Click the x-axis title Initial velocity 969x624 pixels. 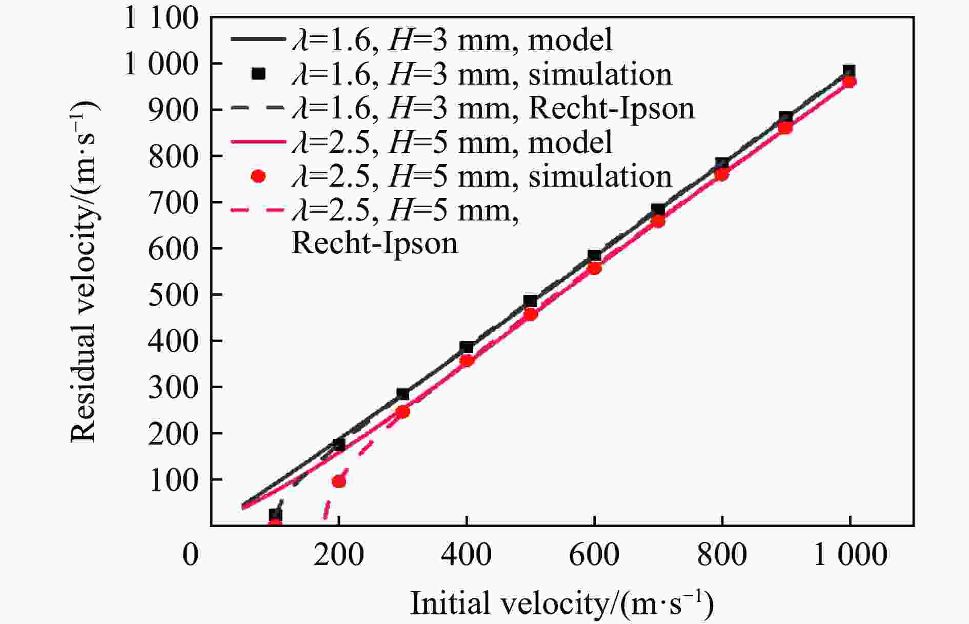[562, 603]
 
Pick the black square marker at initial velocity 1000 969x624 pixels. [849, 72]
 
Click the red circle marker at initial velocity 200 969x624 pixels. [339, 481]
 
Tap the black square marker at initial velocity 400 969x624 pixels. [467, 348]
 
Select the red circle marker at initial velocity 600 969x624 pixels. [594, 268]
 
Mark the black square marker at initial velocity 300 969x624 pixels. [402, 394]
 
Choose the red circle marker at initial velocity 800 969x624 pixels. [721, 175]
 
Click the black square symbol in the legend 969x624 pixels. [259, 74]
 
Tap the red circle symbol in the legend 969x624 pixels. [259, 176]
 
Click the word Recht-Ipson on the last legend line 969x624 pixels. [374, 243]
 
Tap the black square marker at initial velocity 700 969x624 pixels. [658, 210]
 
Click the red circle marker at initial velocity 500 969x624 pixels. [531, 314]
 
